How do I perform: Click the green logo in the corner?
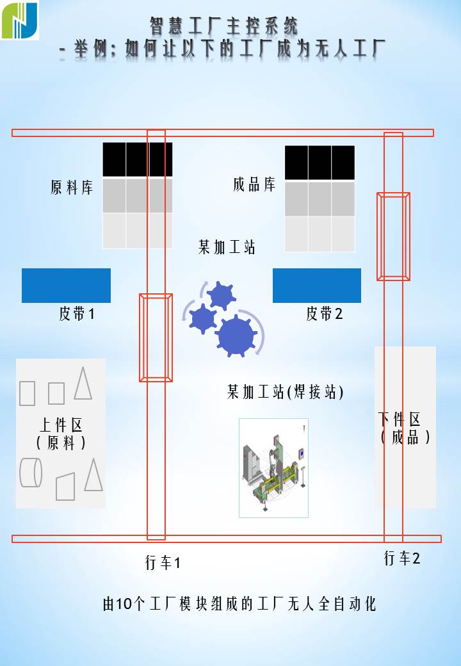point(20,20)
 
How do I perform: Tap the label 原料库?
point(72,188)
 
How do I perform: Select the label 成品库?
point(254,185)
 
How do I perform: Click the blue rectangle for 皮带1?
point(66,286)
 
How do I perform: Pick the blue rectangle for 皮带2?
point(317,286)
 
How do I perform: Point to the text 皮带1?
point(77,314)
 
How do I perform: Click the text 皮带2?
point(325,314)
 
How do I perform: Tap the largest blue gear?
point(236,335)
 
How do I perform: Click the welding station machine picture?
point(273,468)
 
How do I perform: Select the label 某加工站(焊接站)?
point(286,392)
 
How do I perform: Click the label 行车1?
point(163,563)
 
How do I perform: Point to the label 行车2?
point(402,558)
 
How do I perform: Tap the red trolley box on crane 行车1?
point(156,337)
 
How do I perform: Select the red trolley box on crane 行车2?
point(393,236)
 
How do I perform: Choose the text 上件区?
point(61,425)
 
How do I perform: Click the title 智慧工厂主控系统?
point(224,26)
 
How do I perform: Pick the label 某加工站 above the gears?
point(227,247)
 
